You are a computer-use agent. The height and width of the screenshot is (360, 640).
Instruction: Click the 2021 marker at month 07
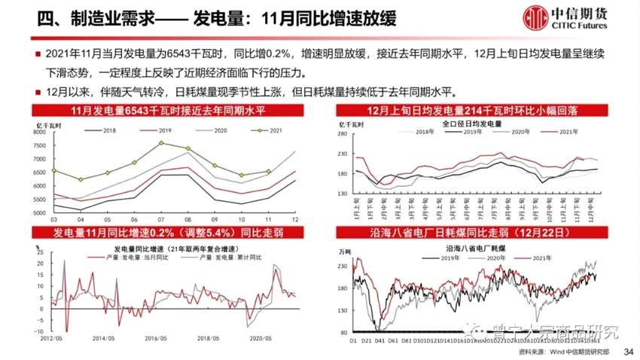point(160,142)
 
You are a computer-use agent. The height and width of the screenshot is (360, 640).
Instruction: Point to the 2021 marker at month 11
point(267,172)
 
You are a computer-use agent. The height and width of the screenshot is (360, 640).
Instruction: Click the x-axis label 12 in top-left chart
point(294,219)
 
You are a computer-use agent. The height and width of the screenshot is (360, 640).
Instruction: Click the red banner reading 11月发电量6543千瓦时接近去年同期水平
point(170,112)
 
